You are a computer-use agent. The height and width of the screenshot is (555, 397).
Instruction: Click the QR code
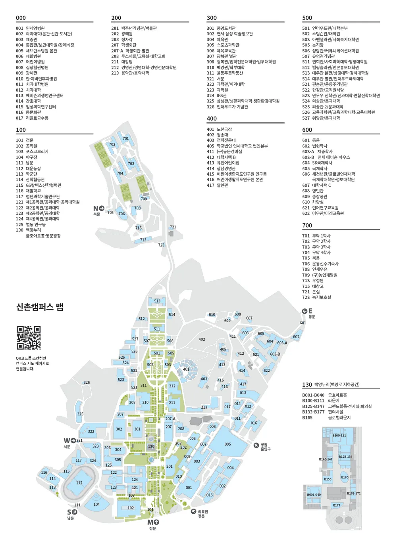(29, 338)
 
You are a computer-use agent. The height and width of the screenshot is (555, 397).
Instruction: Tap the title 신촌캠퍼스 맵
(40, 307)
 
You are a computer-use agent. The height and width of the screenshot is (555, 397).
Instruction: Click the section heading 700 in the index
(307, 226)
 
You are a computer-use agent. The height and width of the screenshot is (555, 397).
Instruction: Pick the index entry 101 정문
(25, 140)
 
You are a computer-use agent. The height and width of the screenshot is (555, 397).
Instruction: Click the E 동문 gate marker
(307, 311)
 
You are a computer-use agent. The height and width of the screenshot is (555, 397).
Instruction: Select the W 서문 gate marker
(69, 440)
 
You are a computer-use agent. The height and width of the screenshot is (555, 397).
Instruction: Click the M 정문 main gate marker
(153, 522)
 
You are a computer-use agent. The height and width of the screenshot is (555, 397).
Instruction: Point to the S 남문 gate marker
(72, 512)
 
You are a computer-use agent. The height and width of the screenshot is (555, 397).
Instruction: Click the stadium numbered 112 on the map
(79, 482)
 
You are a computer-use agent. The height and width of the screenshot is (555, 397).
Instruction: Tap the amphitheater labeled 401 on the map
(186, 369)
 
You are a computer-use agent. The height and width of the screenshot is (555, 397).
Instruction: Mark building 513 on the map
(157, 301)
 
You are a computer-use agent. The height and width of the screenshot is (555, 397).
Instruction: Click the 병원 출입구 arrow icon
(256, 445)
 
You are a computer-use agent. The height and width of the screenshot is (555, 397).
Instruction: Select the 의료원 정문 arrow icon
(193, 512)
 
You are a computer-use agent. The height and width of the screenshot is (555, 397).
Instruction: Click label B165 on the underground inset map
(345, 477)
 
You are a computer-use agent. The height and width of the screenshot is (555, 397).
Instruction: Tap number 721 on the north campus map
(173, 227)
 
